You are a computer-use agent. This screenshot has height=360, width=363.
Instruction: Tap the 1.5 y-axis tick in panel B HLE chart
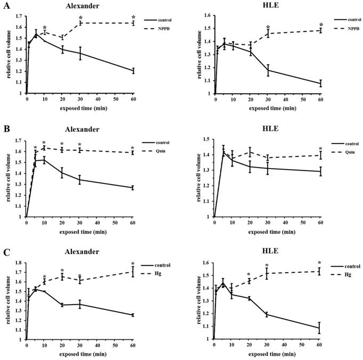pyautogui.click(x=205, y=139)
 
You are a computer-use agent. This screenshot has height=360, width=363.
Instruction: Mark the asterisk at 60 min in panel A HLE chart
pyautogui.click(x=321, y=24)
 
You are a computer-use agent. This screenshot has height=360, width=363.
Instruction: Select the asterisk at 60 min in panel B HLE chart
pyautogui.click(x=320, y=148)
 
